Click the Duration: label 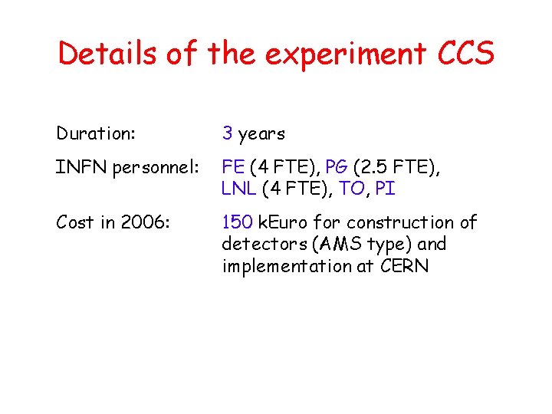tap(96, 134)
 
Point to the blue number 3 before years tap(228, 134)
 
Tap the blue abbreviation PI tap(386, 189)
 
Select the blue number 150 tap(236, 222)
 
